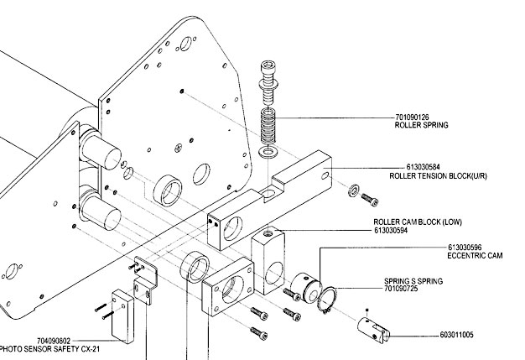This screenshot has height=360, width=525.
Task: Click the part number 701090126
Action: click(412, 117)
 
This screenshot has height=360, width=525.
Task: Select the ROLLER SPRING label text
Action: click(421, 125)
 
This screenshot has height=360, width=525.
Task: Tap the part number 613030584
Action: click(424, 167)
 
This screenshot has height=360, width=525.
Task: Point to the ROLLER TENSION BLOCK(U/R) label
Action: click(438, 176)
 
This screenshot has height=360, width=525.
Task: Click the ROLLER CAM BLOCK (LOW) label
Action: click(418, 222)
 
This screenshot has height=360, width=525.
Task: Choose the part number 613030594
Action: click(391, 231)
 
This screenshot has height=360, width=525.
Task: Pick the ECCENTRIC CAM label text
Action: click(475, 256)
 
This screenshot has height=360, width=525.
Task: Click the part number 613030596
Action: click(465, 248)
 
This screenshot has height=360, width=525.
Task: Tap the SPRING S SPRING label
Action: click(413, 281)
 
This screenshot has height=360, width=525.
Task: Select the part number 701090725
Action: click(401, 289)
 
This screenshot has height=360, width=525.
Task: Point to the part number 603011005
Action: click(457, 335)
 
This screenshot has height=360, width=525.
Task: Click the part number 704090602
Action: click(54, 342)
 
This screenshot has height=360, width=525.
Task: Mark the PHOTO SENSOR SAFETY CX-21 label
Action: click(49, 349)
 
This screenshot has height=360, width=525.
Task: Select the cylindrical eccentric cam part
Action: click(306, 287)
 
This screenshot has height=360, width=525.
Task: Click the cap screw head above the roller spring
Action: click(268, 68)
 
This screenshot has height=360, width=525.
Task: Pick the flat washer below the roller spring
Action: click(268, 153)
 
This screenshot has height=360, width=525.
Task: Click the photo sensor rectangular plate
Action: click(123, 316)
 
